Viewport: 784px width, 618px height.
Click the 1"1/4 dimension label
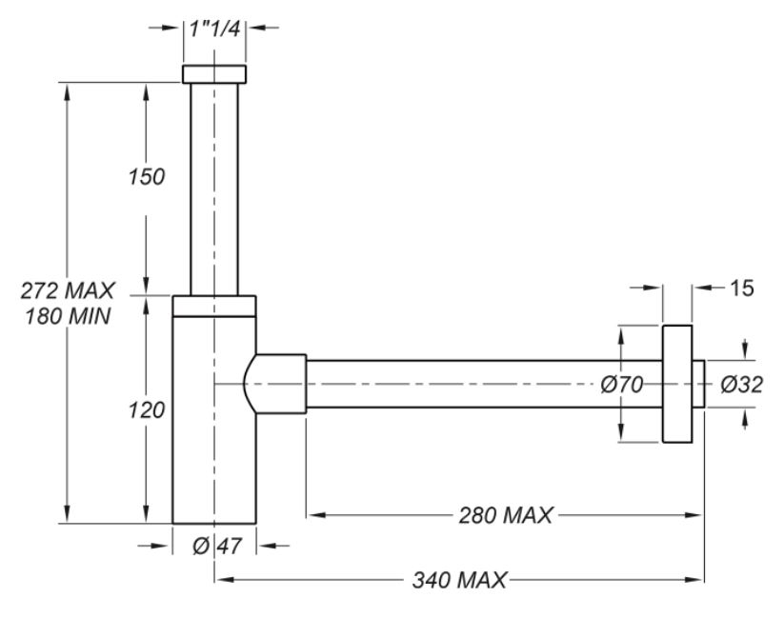click(214, 28)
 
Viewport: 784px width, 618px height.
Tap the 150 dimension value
click(146, 176)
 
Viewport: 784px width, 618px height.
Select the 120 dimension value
click(146, 410)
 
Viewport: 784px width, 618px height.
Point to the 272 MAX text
click(68, 290)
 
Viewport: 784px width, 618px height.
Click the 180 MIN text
click(68, 316)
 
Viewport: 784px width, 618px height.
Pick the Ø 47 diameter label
click(216, 546)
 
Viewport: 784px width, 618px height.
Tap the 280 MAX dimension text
click(506, 515)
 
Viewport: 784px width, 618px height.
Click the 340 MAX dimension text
click(459, 580)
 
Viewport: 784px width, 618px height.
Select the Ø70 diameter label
click(621, 385)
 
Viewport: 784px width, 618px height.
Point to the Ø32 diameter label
click(741, 385)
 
